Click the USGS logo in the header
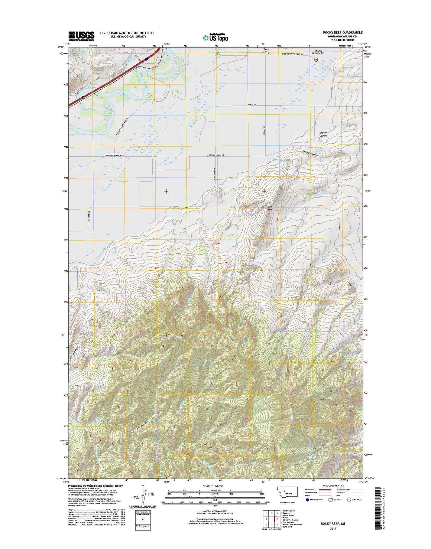(x=81, y=35)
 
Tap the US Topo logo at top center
(x=215, y=37)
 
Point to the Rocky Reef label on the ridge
(x=269, y=208)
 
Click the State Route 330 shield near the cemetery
(x=316, y=59)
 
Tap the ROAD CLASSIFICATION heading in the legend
(x=333, y=486)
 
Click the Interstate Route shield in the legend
(x=307, y=500)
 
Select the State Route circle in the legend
(x=349, y=500)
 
